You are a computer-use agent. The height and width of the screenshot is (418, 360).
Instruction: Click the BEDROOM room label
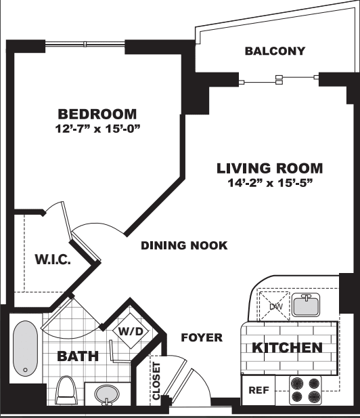pos(97,114)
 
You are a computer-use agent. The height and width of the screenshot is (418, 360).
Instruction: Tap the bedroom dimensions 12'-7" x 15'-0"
pos(97,129)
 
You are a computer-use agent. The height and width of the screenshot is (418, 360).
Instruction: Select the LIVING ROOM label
pos(270,168)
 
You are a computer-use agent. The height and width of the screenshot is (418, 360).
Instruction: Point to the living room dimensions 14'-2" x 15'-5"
pos(270,183)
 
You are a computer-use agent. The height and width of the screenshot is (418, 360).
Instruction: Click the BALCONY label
pos(275,51)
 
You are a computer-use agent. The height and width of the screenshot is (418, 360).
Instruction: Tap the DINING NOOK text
pos(184,245)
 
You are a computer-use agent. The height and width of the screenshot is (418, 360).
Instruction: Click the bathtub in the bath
pos(25,349)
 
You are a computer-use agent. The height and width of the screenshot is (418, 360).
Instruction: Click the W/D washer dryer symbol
pos(131,331)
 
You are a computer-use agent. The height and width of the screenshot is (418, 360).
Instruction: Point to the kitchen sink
pos(307,305)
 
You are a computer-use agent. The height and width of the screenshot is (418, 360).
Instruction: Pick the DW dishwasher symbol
pos(274,306)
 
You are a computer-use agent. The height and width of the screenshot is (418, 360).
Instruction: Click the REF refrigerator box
pos(258,390)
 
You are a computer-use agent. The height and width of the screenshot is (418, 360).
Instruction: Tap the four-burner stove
pos(305,390)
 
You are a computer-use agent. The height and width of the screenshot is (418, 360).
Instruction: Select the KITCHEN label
pos(287,348)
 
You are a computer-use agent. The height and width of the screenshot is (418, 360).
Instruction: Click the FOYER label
pos(202,337)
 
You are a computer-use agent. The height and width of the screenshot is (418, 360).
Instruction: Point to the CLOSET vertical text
pos(156,381)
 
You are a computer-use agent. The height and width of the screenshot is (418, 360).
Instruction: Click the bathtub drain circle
pos(26,370)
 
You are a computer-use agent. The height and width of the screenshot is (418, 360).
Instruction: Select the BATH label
pos(78,356)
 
